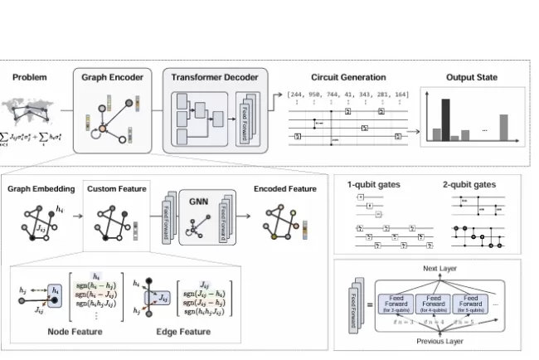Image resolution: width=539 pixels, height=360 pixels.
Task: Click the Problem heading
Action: point(30,77)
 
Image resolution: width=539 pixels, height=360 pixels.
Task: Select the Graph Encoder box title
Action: point(112,77)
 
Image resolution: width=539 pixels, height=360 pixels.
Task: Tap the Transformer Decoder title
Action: point(215,77)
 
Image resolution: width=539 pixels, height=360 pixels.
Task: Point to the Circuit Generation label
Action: point(347,77)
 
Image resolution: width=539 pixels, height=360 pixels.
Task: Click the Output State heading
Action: point(470,77)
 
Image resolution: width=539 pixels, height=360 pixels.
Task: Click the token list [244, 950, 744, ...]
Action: point(347,95)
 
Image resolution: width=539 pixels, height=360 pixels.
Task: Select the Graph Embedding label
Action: point(41,189)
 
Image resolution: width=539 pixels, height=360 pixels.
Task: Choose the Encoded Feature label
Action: point(285,189)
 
